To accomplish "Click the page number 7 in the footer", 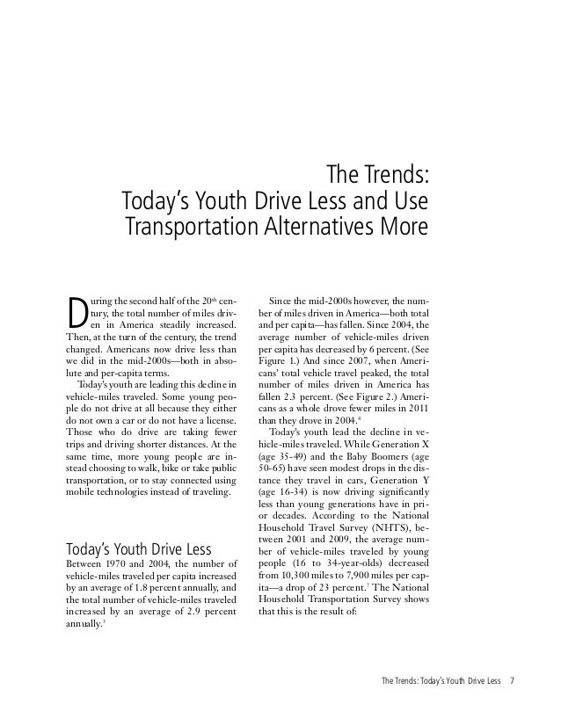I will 512,679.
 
